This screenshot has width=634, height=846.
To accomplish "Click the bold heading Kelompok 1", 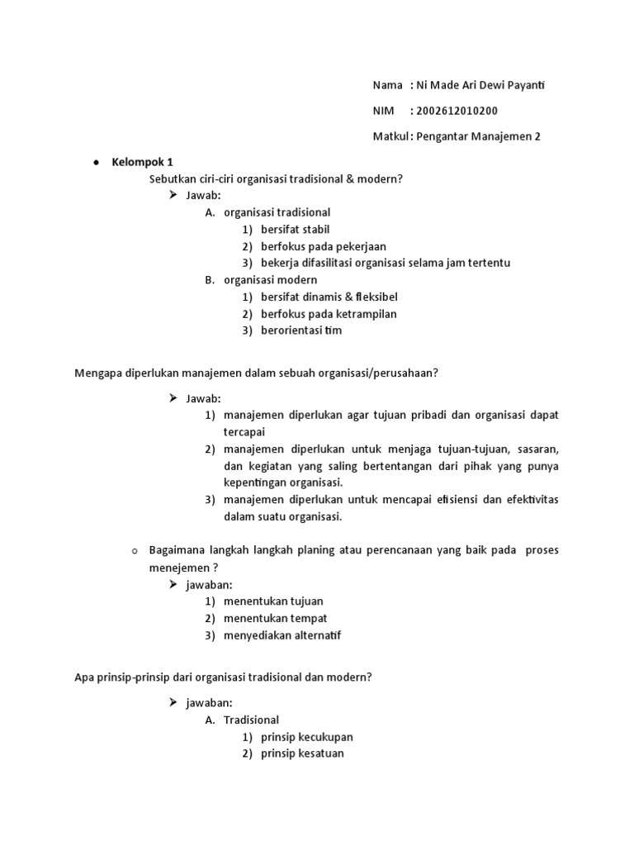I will pos(142,162).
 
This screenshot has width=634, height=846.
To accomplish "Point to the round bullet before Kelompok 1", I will pos(96,163).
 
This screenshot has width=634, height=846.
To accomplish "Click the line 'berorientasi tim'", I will pos(300,330).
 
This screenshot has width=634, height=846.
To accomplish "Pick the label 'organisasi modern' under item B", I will pos(270,280).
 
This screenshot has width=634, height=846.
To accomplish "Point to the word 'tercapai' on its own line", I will pos(244,432).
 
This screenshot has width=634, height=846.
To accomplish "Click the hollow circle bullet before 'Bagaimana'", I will pos(134,551).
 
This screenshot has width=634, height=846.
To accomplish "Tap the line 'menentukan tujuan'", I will pos(273,601).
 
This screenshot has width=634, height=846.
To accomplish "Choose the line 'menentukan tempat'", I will pos(275,618).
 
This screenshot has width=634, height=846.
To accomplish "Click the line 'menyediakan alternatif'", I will pos(282,635).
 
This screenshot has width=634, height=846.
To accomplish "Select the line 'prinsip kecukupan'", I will pos(306,736).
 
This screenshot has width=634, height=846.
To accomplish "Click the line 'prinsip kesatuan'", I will pos(302,753).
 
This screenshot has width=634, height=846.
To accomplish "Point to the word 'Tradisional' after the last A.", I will pos(251,720).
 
